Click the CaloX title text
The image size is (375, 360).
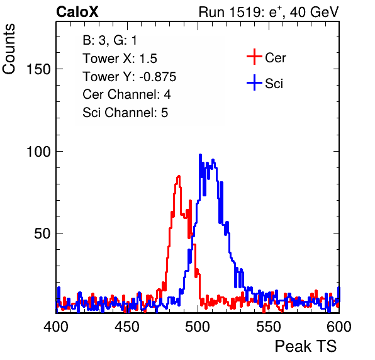point(77,12)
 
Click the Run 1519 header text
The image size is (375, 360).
point(269,12)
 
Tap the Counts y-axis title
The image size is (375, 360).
point(9,49)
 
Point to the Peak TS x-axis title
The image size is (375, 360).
point(306,346)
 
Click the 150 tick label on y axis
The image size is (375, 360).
point(39,69)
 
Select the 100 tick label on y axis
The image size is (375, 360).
point(39,152)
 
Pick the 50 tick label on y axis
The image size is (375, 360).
point(43,233)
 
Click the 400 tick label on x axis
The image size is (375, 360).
point(56,326)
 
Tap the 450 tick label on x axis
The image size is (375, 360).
point(126,326)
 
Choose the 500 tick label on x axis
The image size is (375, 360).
point(198,326)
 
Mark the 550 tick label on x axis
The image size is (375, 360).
point(268,326)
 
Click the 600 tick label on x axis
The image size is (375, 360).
point(339,326)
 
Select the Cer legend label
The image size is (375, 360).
point(275,58)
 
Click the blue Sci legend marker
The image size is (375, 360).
point(254,83)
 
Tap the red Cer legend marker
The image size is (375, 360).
point(254,57)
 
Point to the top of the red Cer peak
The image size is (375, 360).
point(179,176)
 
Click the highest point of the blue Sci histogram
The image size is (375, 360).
point(201,155)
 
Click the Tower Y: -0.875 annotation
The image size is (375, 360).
point(130,77)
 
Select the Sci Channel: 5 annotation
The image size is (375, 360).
point(125,113)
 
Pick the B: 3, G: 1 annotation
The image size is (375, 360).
point(109,40)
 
